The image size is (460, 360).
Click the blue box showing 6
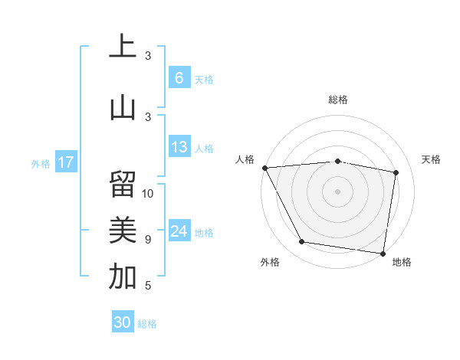click(179, 78)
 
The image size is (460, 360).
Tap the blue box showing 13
click(179, 147)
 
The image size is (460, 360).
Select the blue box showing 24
click(179, 231)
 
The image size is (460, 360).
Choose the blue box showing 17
click(65, 162)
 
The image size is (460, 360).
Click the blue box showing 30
click(122, 322)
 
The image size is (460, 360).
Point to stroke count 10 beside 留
click(148, 193)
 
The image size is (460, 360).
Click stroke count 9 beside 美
click(148, 240)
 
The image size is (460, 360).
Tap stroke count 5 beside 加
click(148, 286)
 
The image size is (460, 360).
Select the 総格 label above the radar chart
click(338, 100)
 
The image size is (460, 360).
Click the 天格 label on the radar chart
click(432, 159)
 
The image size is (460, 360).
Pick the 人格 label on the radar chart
click(245, 159)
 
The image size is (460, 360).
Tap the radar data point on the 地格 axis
click(383, 253)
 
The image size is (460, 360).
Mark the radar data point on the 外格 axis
click(302, 242)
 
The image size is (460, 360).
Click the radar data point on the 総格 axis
click(338, 161)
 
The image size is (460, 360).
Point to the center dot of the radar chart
click(338, 191)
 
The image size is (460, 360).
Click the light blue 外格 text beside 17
click(41, 163)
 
